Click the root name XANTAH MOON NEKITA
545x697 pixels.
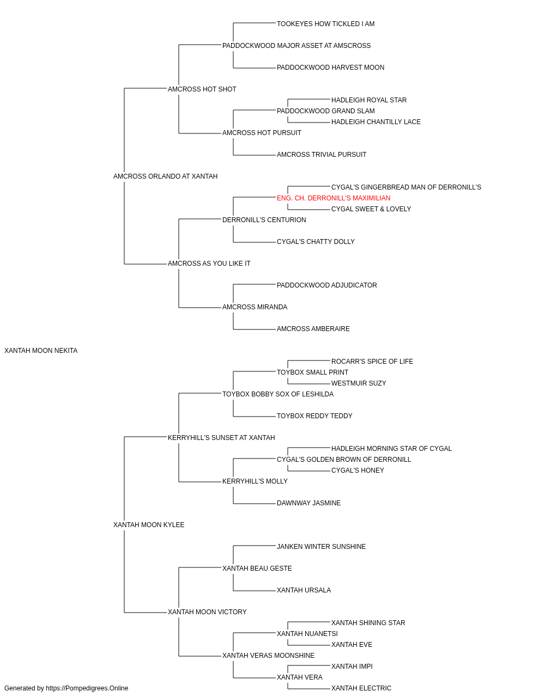41,351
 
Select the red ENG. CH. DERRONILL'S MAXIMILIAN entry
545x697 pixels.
334,198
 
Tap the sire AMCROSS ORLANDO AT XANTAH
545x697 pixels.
165,176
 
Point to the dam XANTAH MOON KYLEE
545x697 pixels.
149,525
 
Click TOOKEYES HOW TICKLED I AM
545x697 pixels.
325,24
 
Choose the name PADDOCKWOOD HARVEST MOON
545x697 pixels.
330,68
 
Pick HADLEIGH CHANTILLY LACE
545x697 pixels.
376,122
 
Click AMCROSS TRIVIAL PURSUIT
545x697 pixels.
322,155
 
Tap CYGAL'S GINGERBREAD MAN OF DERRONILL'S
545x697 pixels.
406,187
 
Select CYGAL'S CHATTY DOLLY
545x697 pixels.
316,242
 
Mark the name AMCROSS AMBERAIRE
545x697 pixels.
313,329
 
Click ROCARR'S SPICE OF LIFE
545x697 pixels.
372,362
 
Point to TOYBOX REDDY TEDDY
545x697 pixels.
314,416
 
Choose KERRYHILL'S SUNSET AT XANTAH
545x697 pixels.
221,438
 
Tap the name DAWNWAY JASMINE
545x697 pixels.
308,503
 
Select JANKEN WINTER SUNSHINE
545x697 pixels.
321,547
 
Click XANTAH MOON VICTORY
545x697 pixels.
207,612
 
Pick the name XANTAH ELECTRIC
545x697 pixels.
361,688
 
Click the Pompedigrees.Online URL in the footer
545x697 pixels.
87,688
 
